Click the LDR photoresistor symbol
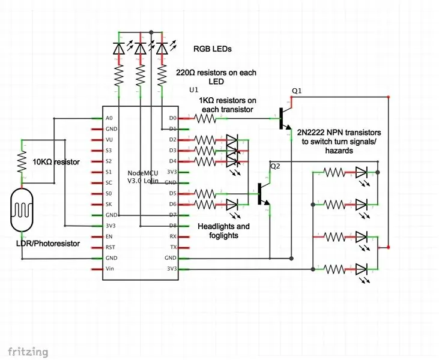point(22,210)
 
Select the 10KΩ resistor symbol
point(22,161)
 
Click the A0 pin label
point(109,118)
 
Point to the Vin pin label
point(110,269)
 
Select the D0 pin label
point(173,118)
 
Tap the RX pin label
point(174,236)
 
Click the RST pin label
point(111,247)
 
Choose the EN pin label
point(109,236)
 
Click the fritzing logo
point(28,352)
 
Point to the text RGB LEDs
point(213,49)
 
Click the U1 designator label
point(194,90)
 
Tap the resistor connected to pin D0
point(205,119)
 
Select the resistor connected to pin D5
point(205,194)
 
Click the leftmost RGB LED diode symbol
point(119,48)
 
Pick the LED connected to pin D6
point(232,205)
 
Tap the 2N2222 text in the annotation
point(311,132)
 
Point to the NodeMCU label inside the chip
point(143,173)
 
